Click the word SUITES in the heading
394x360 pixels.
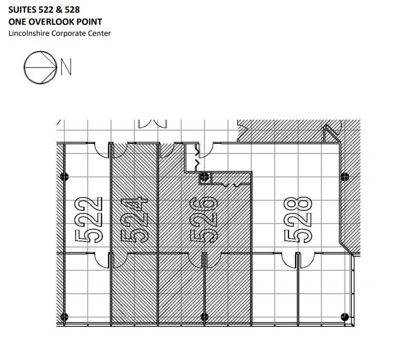pos(23,9)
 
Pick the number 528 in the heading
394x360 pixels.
pos(72,9)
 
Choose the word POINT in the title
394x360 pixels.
pos(89,22)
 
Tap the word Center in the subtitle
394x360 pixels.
pos(99,33)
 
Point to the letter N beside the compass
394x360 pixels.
pos(66,66)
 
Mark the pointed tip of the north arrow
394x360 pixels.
pos(57,67)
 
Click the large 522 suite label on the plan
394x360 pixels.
pos(88,220)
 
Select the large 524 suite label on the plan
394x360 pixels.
pos(134,220)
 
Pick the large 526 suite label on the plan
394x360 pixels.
pos(203,219)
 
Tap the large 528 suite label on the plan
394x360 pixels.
pos(298,220)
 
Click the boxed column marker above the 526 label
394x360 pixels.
pos(205,178)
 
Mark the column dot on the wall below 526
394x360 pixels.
pos(204,317)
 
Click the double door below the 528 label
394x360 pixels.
pos(298,260)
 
